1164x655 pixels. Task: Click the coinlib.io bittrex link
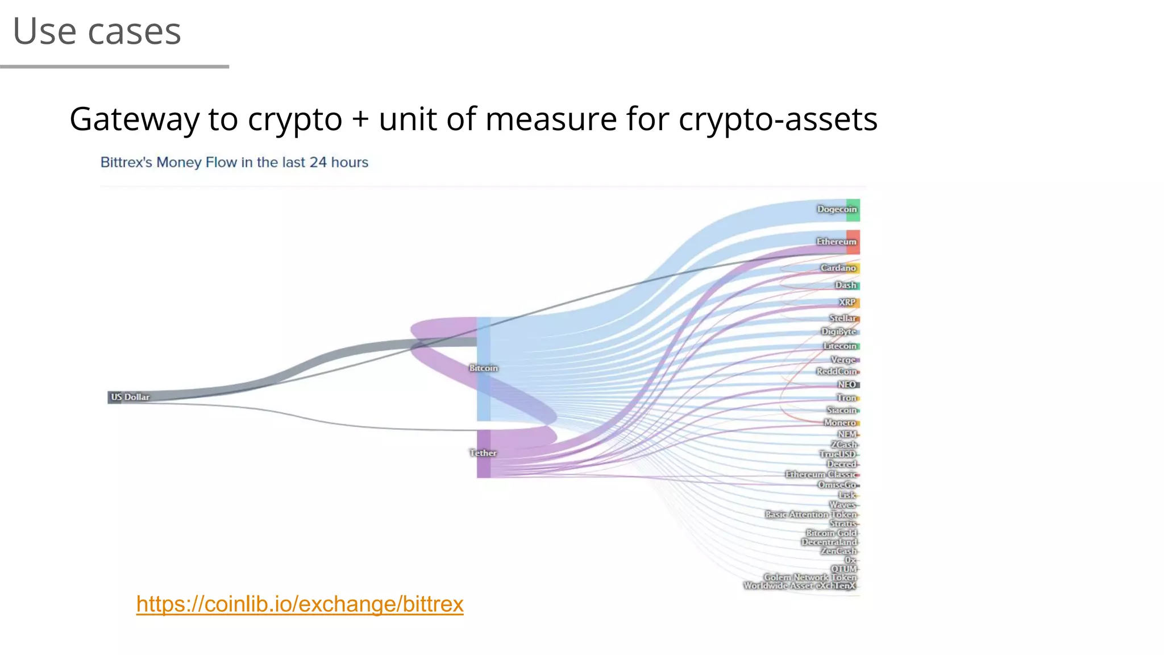click(x=300, y=604)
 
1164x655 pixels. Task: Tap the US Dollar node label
click(x=130, y=397)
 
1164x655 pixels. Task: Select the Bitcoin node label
click(x=484, y=368)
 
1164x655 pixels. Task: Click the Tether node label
click(x=483, y=453)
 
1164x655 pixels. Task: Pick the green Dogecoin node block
click(x=853, y=210)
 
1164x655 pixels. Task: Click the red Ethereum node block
click(x=853, y=242)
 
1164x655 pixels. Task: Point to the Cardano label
click(x=838, y=268)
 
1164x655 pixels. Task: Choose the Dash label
click(x=845, y=285)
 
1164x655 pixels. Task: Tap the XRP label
click(x=847, y=302)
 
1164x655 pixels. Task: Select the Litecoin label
click(x=839, y=346)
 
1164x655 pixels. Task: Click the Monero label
click(x=839, y=422)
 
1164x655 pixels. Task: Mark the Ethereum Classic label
click(x=821, y=474)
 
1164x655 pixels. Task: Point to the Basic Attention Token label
click(x=810, y=514)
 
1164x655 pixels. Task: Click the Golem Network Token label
click(x=809, y=577)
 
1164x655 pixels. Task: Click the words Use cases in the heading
click(x=97, y=31)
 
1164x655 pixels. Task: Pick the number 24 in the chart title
click(x=318, y=163)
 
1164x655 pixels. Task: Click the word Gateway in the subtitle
click(x=134, y=119)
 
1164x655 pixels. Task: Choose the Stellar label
click(x=842, y=318)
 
